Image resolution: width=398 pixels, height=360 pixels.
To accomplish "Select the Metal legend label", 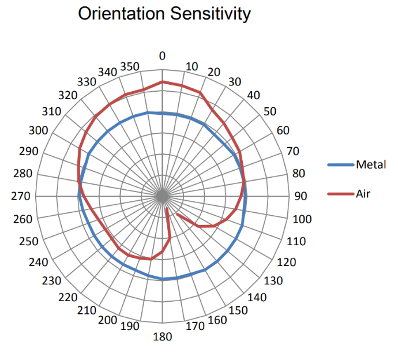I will pos(371,165).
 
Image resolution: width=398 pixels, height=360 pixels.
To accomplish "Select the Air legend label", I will pos(363,194).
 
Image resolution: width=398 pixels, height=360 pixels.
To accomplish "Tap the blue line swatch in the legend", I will pos(340,165).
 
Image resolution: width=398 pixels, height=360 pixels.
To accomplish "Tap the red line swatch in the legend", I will pos(340,194).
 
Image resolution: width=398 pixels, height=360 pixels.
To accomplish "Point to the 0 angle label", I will pos(162,56).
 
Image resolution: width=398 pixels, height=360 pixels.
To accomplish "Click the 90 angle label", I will pos(301,196).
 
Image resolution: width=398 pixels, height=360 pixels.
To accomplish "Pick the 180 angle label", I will pos(162,337).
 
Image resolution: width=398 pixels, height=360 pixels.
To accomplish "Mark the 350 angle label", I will pos(130,66).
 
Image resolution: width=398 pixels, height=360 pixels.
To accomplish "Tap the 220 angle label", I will pos(67,297).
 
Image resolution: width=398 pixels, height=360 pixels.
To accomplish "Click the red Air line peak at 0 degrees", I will pos(162,82).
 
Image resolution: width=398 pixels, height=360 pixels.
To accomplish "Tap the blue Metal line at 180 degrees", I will pos(162,279).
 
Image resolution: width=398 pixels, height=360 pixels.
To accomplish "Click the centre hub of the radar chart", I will pos(162,196).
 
